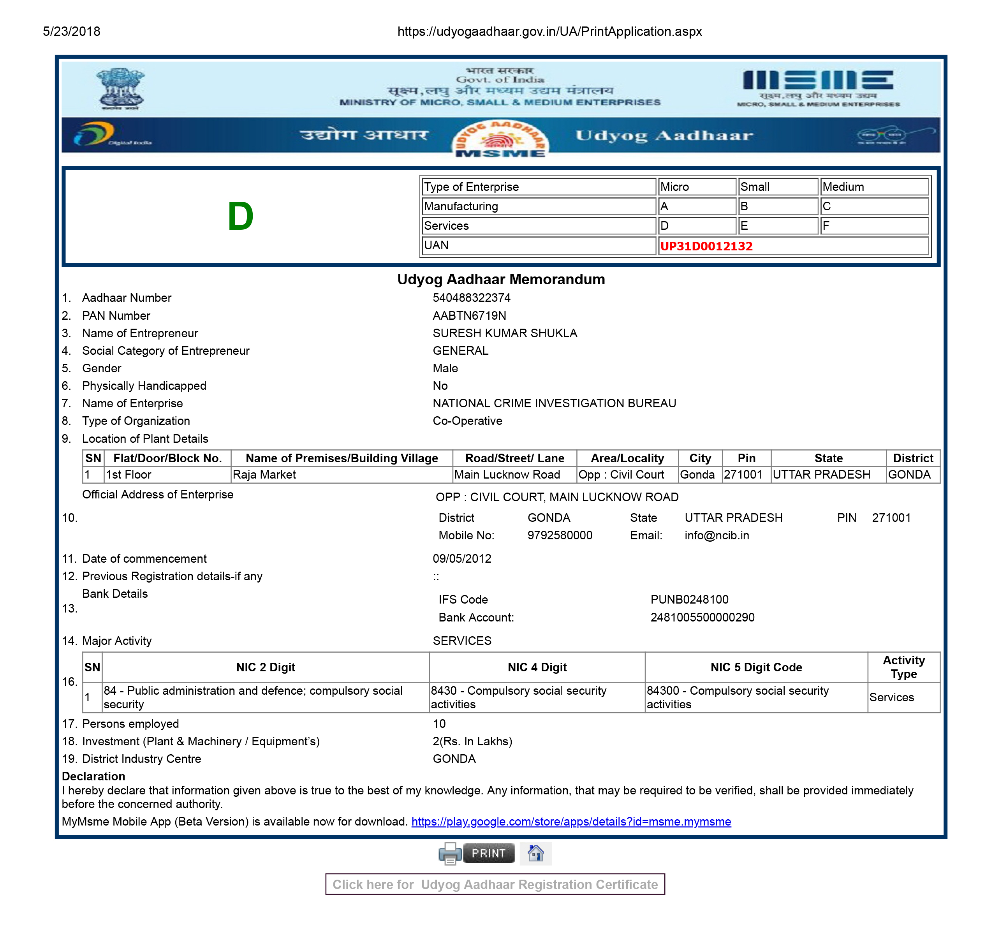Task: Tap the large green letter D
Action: click(240, 216)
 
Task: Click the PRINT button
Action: click(488, 853)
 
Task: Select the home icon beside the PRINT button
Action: click(535, 853)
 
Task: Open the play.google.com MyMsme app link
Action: click(571, 822)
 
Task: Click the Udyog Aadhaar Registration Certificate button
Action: click(495, 885)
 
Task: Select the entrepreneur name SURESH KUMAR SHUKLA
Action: click(505, 333)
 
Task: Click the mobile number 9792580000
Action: click(560, 535)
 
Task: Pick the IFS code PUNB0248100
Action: click(689, 599)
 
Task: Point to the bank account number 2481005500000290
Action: click(702, 617)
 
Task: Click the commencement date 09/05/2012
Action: click(461, 558)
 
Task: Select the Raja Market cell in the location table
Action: click(264, 475)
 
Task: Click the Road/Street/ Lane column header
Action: click(514, 458)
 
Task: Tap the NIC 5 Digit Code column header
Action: click(756, 667)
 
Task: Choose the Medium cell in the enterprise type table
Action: click(843, 187)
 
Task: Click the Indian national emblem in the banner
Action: click(120, 89)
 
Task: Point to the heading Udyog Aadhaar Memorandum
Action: click(500, 279)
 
